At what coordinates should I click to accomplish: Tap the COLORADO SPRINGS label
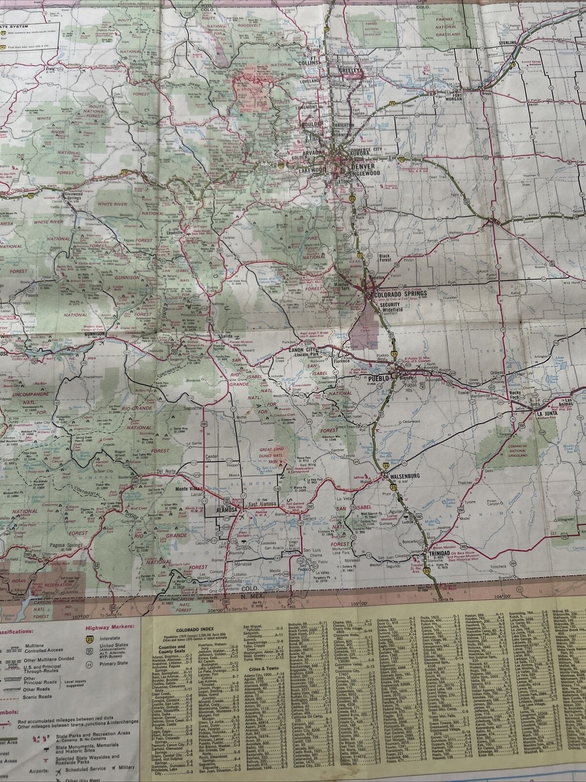pos(399,295)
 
